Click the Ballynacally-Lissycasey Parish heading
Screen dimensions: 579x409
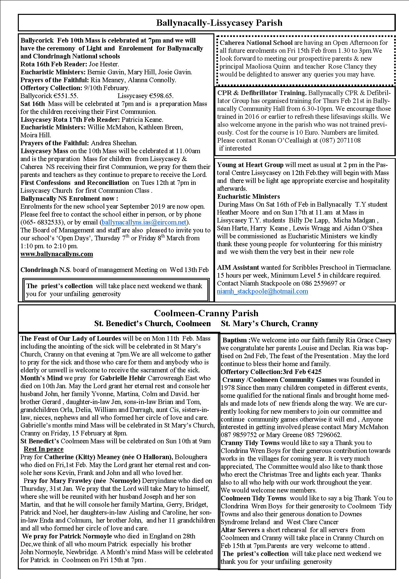tap(219, 23)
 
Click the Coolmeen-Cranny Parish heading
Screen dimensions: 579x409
tap(206, 313)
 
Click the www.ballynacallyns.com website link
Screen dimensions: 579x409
tap(57, 254)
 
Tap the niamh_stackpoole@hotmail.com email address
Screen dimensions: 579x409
tap(263, 291)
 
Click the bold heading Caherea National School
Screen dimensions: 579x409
tap(256, 43)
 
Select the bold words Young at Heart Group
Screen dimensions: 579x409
tap(250, 165)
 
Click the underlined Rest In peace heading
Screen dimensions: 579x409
tap(44, 449)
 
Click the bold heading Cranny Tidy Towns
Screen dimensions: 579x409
tap(250, 443)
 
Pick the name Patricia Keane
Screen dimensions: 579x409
tap(142, 119)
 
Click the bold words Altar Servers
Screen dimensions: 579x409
tap(240, 530)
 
